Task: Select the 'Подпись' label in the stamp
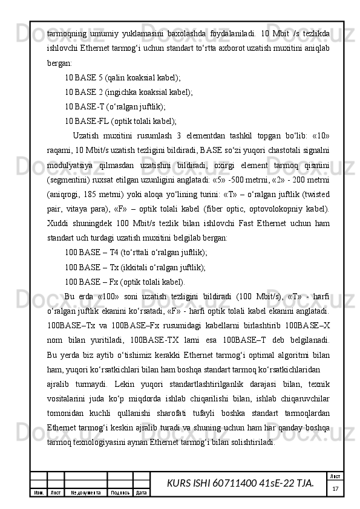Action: coord(119,493)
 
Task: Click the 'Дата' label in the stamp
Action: coord(142,493)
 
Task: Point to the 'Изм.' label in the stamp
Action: coord(38,493)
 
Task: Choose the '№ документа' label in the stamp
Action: coord(85,493)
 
